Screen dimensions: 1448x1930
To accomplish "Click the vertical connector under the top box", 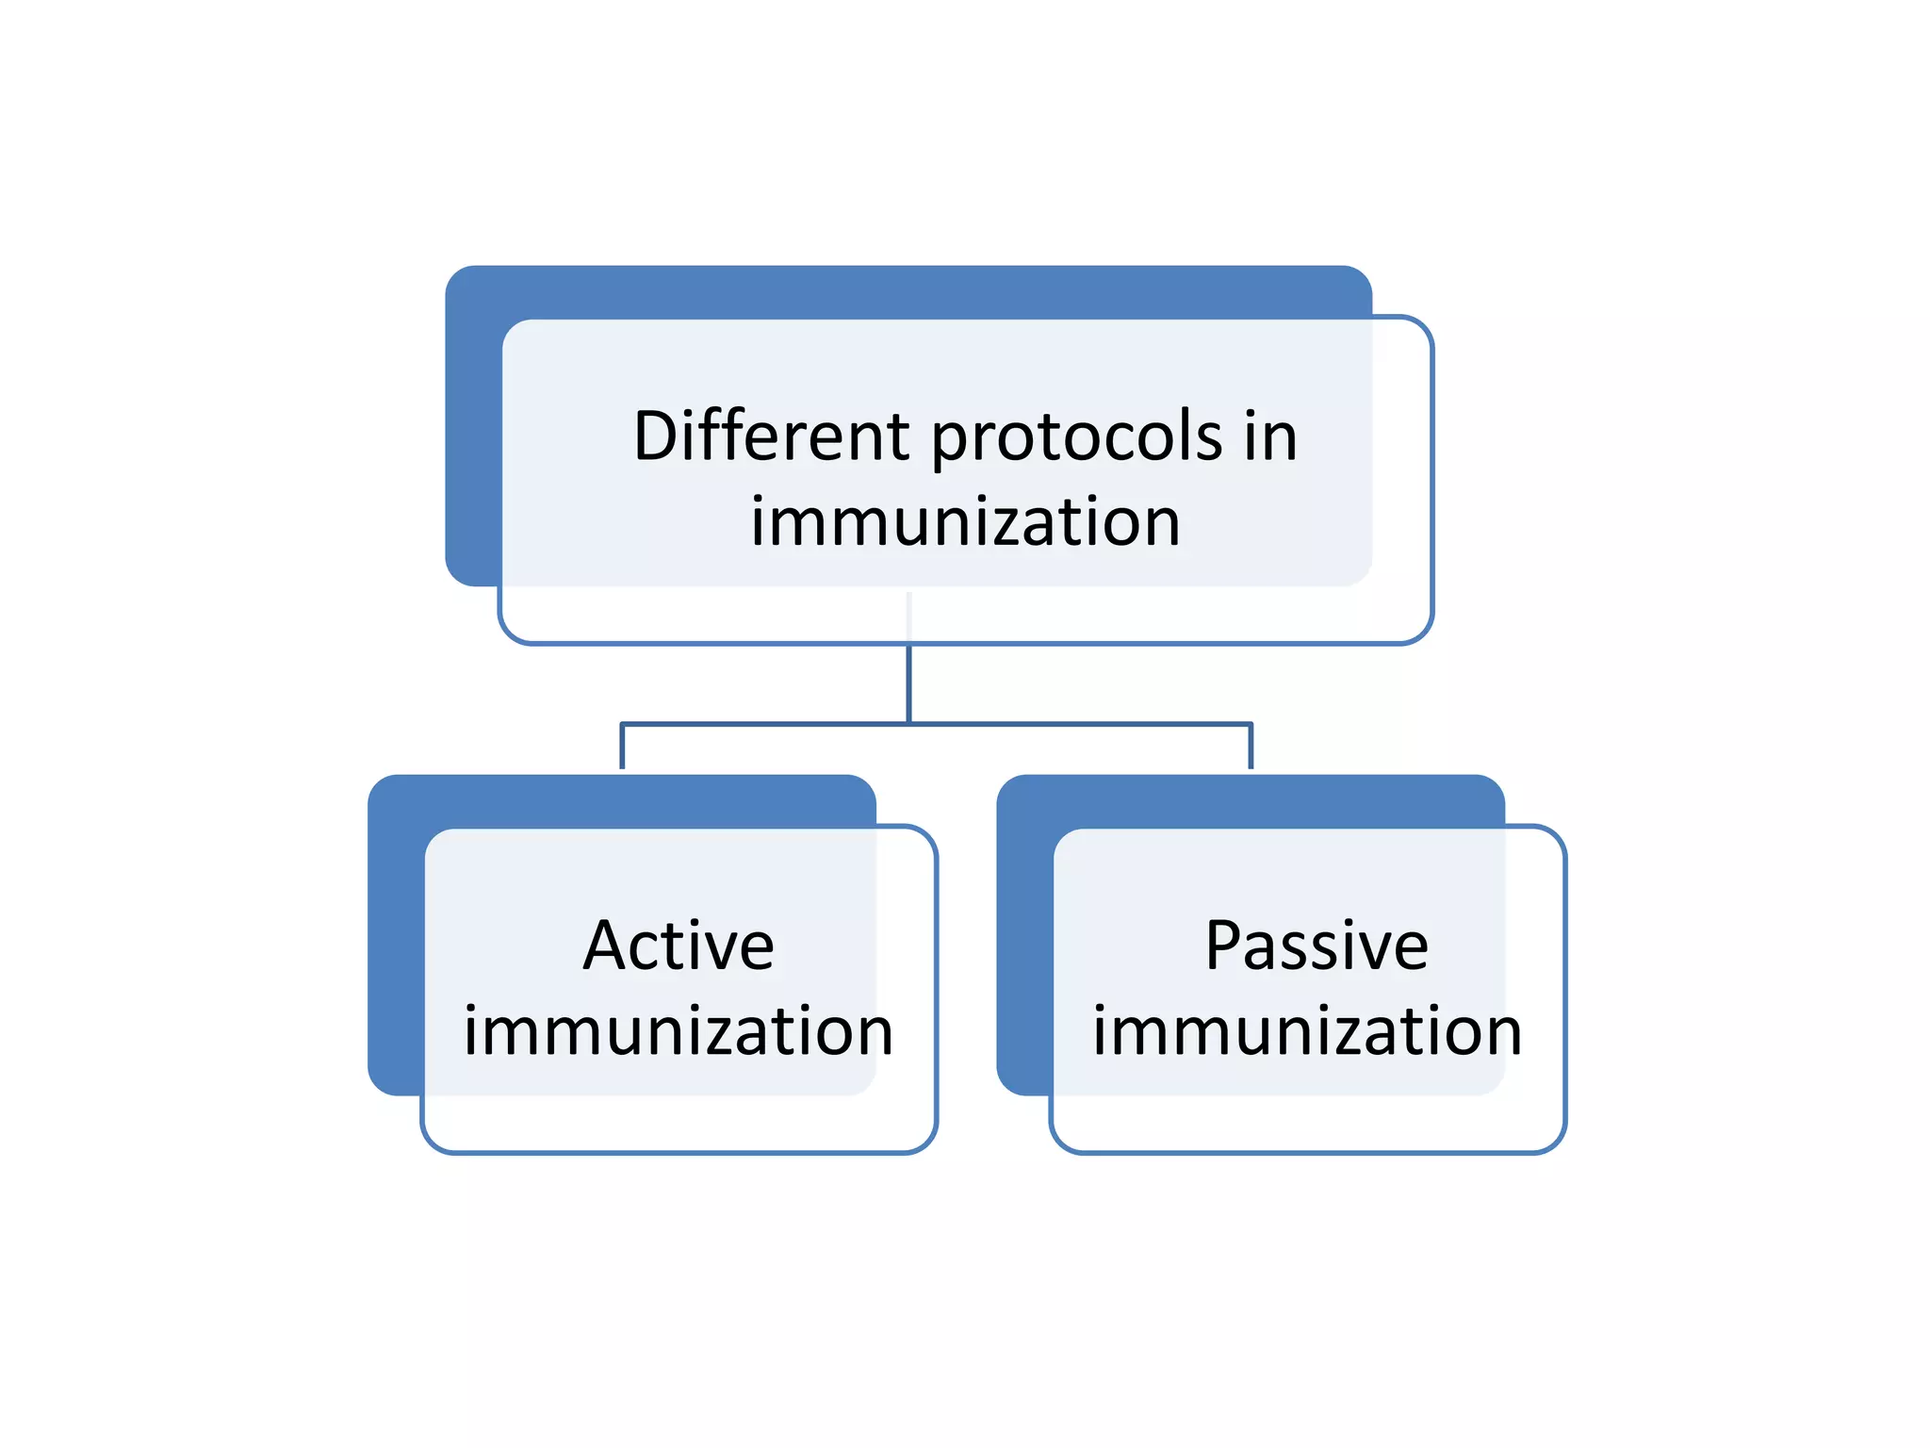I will (908, 683).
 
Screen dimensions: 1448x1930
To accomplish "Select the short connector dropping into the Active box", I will (622, 748).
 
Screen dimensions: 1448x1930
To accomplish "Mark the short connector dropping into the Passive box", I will (1251, 748).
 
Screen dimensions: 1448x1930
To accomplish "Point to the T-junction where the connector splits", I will (908, 724).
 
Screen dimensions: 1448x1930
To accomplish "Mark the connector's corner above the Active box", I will (622, 724).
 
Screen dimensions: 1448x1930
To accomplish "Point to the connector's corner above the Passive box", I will (1251, 724).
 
